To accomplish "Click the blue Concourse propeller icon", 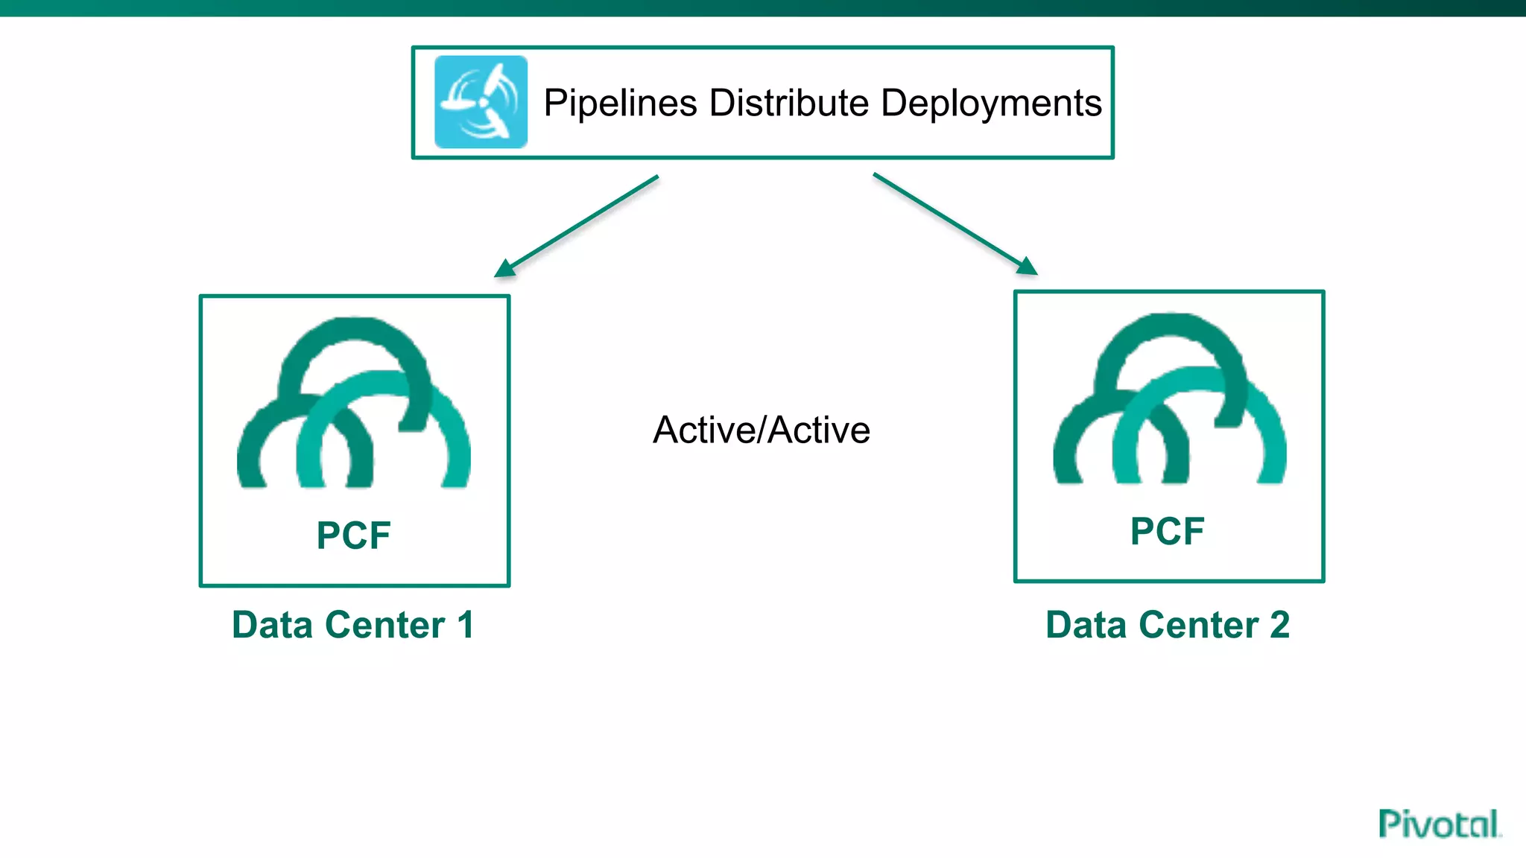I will point(481,102).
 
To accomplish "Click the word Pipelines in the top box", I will point(620,103).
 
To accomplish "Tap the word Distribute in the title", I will point(788,103).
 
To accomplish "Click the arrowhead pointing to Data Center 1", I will point(504,269).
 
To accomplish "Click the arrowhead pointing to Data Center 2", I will point(1028,266).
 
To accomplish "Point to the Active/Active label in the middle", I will point(762,430).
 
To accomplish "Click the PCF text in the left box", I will point(353,535).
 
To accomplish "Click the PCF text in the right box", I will point(1167,531).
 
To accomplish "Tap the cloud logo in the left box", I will point(354,406).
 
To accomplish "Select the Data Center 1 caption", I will point(352,624).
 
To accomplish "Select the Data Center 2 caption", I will point(1167,624).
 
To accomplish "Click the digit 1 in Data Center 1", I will point(466,624).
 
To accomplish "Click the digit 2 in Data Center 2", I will point(1279,624).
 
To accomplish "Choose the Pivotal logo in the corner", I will point(1438,824).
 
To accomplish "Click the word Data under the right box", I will point(1086,624).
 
